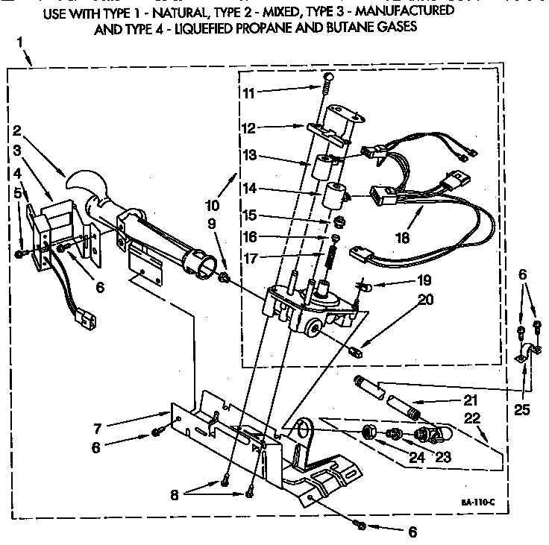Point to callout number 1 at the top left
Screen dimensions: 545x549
[x=19, y=42]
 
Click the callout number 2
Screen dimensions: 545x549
[x=17, y=129]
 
